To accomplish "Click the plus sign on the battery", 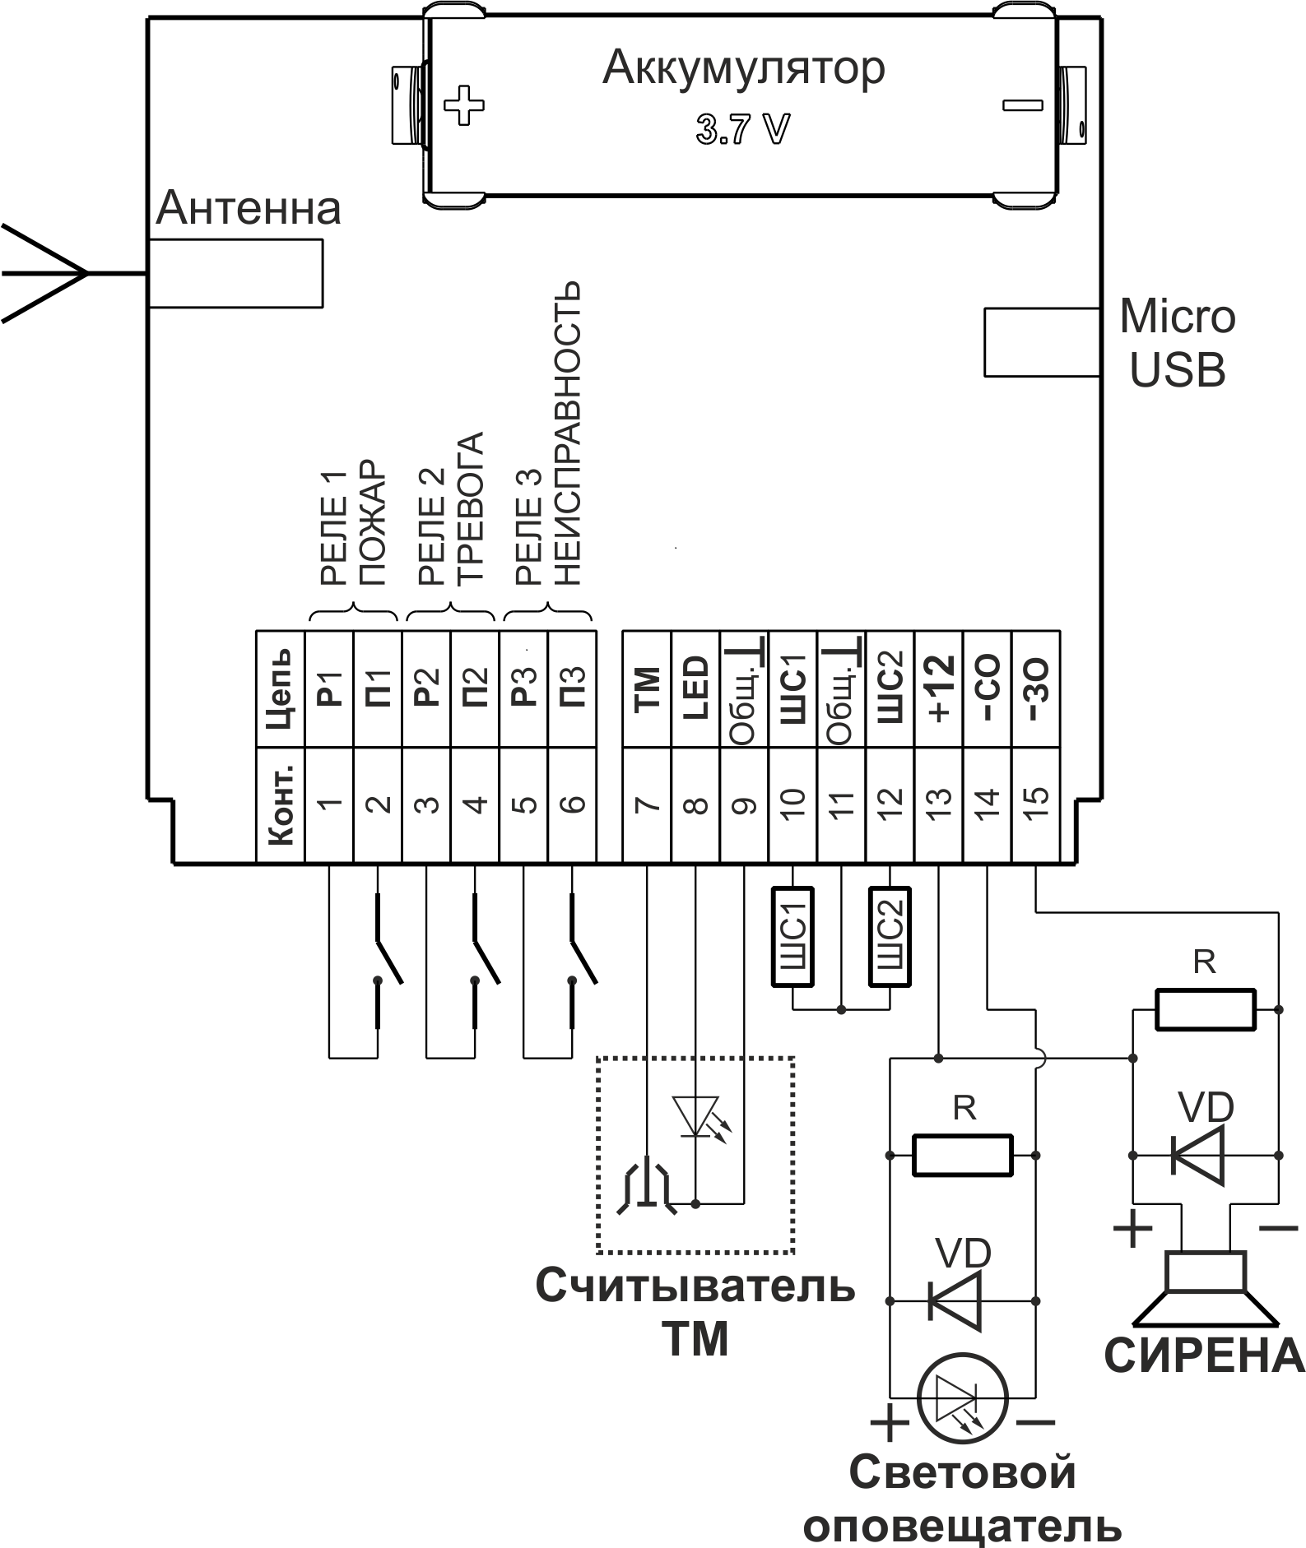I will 463,105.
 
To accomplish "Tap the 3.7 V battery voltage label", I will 742,130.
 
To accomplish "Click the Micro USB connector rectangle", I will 1042,342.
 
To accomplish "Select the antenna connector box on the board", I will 236,273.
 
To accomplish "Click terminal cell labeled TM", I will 648,689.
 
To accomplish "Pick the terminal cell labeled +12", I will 939,689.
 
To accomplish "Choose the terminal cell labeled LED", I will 696,689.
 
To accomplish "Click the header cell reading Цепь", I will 281,689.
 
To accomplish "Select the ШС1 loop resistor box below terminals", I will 792,937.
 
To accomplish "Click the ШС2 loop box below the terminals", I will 890,937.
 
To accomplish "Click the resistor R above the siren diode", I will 1206,1009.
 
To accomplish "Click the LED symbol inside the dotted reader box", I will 696,1117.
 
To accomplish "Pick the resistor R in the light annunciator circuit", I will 962,1155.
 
